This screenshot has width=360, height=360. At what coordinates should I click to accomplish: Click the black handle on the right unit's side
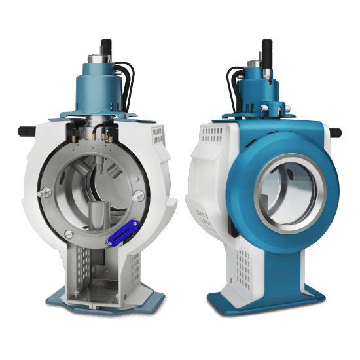click(334, 133)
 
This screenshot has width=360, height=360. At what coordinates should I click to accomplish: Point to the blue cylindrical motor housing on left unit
click(105, 82)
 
